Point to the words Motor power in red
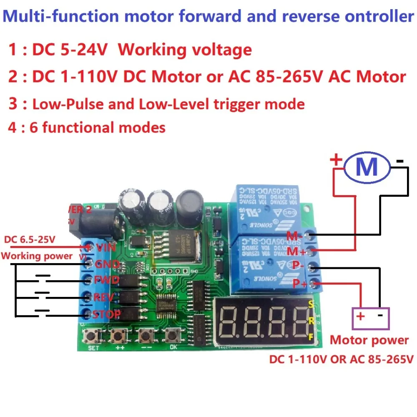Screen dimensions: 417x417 [369, 340]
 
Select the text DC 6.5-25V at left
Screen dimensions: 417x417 [30, 240]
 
